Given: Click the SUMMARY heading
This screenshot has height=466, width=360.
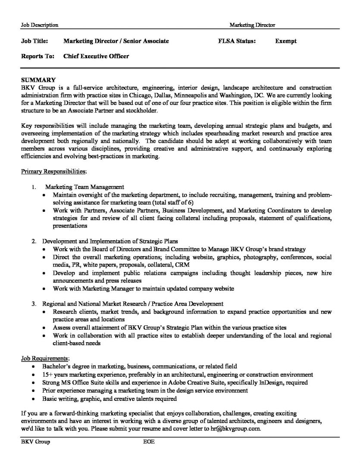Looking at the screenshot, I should point(38,80).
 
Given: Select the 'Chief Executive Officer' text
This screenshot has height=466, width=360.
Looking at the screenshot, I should point(96,56).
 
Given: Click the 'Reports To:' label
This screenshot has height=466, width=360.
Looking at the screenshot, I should point(38,56).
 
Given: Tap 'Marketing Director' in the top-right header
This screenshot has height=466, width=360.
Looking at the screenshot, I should point(252,25).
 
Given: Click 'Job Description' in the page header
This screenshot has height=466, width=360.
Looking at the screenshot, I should point(40,25).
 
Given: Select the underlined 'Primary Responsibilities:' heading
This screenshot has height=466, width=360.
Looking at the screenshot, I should point(54,172).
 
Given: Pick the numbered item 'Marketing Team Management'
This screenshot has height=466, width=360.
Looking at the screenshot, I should point(85,187).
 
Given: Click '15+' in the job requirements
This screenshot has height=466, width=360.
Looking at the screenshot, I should point(47,375).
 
